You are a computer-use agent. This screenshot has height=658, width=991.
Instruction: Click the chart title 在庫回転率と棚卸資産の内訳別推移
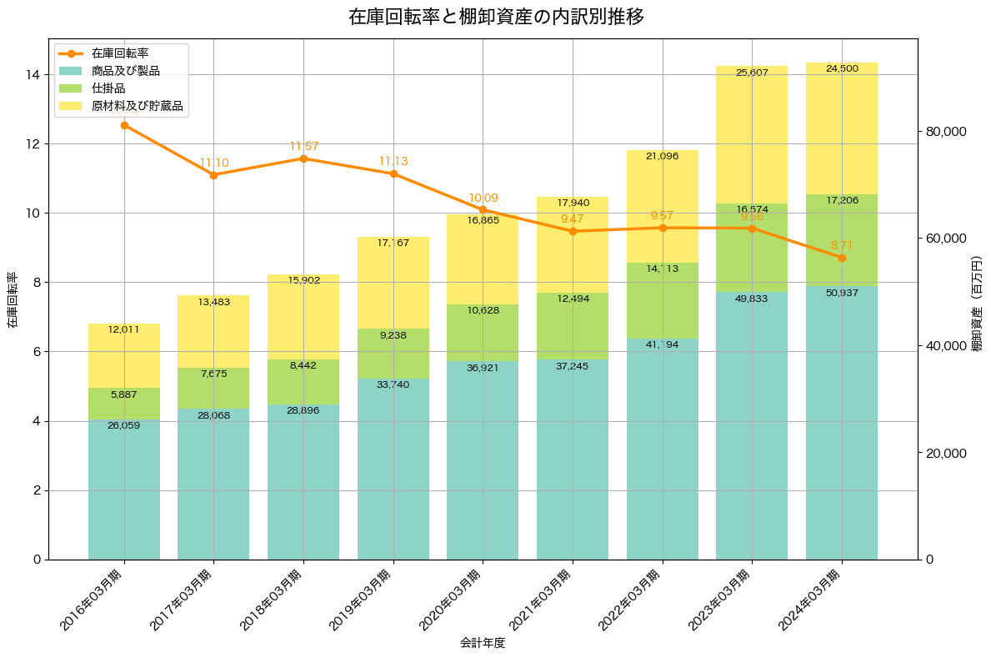496,17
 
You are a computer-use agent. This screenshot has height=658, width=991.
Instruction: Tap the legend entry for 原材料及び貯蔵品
137,106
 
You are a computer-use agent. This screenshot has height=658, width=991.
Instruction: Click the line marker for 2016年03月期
124,125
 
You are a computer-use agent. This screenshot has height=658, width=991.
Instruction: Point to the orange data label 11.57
304,146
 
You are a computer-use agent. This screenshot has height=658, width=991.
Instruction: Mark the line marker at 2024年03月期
842,258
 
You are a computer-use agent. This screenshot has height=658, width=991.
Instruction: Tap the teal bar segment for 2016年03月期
124,492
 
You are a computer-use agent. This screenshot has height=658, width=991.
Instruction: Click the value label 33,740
393,384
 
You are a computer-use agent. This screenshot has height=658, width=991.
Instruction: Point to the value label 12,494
573,299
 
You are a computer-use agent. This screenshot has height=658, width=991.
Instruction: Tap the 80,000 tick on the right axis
946,132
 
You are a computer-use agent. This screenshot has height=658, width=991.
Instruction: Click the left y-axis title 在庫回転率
13,299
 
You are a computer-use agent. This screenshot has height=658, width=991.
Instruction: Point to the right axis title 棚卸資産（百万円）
977,299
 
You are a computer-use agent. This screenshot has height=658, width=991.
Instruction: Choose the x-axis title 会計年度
483,643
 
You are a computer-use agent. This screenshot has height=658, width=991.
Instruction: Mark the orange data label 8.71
843,245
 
